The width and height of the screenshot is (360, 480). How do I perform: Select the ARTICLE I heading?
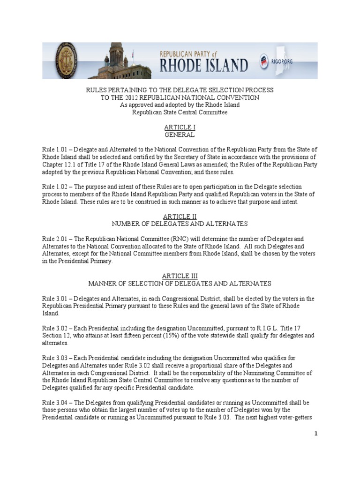(x=180, y=127)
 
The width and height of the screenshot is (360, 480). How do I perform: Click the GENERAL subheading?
(x=180, y=135)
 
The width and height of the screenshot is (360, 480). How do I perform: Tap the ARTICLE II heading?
(x=180, y=217)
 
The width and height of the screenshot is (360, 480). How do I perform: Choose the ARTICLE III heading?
(x=180, y=277)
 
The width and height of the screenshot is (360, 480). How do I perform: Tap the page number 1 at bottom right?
(x=316, y=434)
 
